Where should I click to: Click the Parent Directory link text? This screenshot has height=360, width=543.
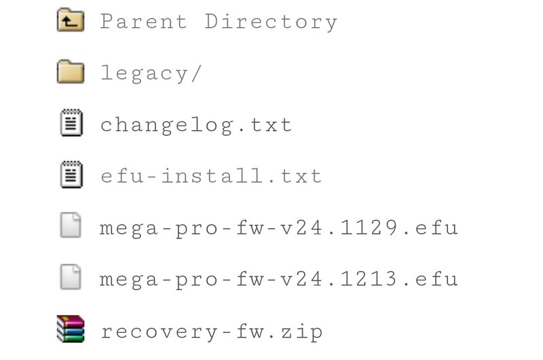[x=219, y=22]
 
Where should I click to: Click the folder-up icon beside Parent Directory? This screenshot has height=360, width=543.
[x=70, y=22]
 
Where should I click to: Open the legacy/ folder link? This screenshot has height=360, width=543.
[x=151, y=73]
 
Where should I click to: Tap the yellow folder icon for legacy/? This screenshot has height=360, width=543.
[x=70, y=73]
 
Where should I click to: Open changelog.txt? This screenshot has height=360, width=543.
[x=196, y=125]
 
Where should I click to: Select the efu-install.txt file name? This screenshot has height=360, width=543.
[x=211, y=177]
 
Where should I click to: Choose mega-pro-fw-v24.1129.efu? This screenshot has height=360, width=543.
[x=279, y=228]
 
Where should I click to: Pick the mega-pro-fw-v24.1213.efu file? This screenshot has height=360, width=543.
[x=279, y=279]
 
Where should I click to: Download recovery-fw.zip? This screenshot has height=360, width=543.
[x=211, y=331]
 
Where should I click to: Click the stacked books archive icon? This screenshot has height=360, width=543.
[x=70, y=330]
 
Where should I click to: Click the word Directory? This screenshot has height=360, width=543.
[x=271, y=22]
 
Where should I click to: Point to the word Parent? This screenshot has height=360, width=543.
[x=144, y=22]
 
